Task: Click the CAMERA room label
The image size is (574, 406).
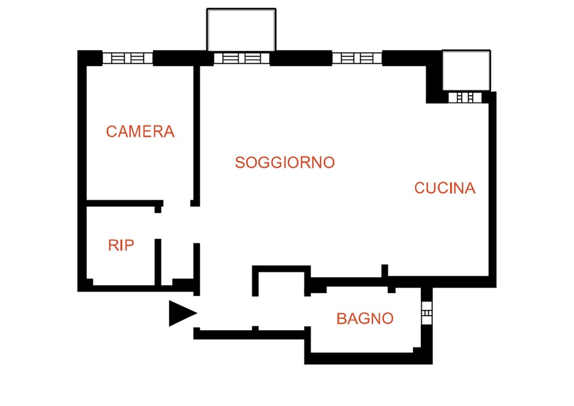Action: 140,132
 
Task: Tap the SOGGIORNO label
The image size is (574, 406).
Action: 285,163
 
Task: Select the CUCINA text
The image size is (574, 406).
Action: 445,188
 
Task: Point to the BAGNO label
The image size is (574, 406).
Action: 365,319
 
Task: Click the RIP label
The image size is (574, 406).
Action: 121,245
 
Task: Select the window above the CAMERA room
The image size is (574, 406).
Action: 127,58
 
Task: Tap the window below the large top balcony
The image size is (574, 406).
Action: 242,58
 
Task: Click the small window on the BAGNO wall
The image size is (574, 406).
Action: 427,313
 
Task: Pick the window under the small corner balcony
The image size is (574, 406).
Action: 465,97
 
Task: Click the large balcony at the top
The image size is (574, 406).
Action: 241,30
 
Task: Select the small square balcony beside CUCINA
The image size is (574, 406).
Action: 466,70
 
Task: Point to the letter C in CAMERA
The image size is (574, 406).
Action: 111,132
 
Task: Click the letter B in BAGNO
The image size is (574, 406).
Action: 341,319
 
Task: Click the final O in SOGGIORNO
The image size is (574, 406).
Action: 328,163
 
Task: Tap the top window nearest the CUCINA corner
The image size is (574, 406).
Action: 357,58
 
